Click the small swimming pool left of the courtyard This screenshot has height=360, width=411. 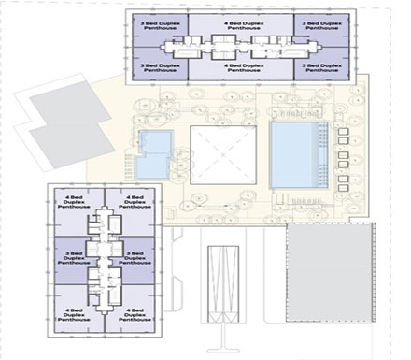point(153,153)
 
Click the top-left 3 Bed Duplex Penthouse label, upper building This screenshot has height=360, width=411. point(157,22)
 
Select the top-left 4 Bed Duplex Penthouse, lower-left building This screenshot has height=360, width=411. point(78,202)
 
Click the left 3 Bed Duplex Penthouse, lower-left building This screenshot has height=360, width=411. point(78,258)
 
